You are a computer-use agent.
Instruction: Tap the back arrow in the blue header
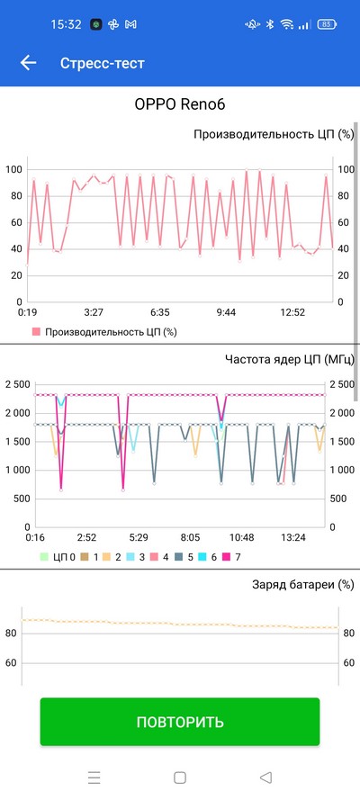click(28, 63)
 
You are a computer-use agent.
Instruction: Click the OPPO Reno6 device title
click(179, 104)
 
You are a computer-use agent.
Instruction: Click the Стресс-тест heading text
click(103, 63)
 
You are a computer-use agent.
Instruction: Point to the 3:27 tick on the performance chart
click(94, 312)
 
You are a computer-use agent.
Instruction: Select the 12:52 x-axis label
click(292, 312)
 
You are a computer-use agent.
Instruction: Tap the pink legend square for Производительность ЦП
click(36, 332)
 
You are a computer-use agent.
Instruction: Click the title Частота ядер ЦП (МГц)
click(289, 360)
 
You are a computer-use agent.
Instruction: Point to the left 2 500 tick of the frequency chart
click(17, 384)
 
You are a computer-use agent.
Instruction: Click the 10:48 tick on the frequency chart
click(242, 537)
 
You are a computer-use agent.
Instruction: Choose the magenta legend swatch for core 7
click(227, 557)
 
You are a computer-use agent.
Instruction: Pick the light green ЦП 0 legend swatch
click(44, 557)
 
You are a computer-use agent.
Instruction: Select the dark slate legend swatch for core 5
click(179, 557)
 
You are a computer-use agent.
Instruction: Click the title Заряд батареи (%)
click(303, 585)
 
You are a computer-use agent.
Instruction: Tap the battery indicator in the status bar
click(327, 24)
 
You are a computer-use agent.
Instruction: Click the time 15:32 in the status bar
click(66, 24)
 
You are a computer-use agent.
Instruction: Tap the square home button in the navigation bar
click(179, 777)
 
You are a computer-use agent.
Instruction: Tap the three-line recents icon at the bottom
click(94, 777)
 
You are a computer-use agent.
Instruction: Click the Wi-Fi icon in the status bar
click(288, 24)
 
